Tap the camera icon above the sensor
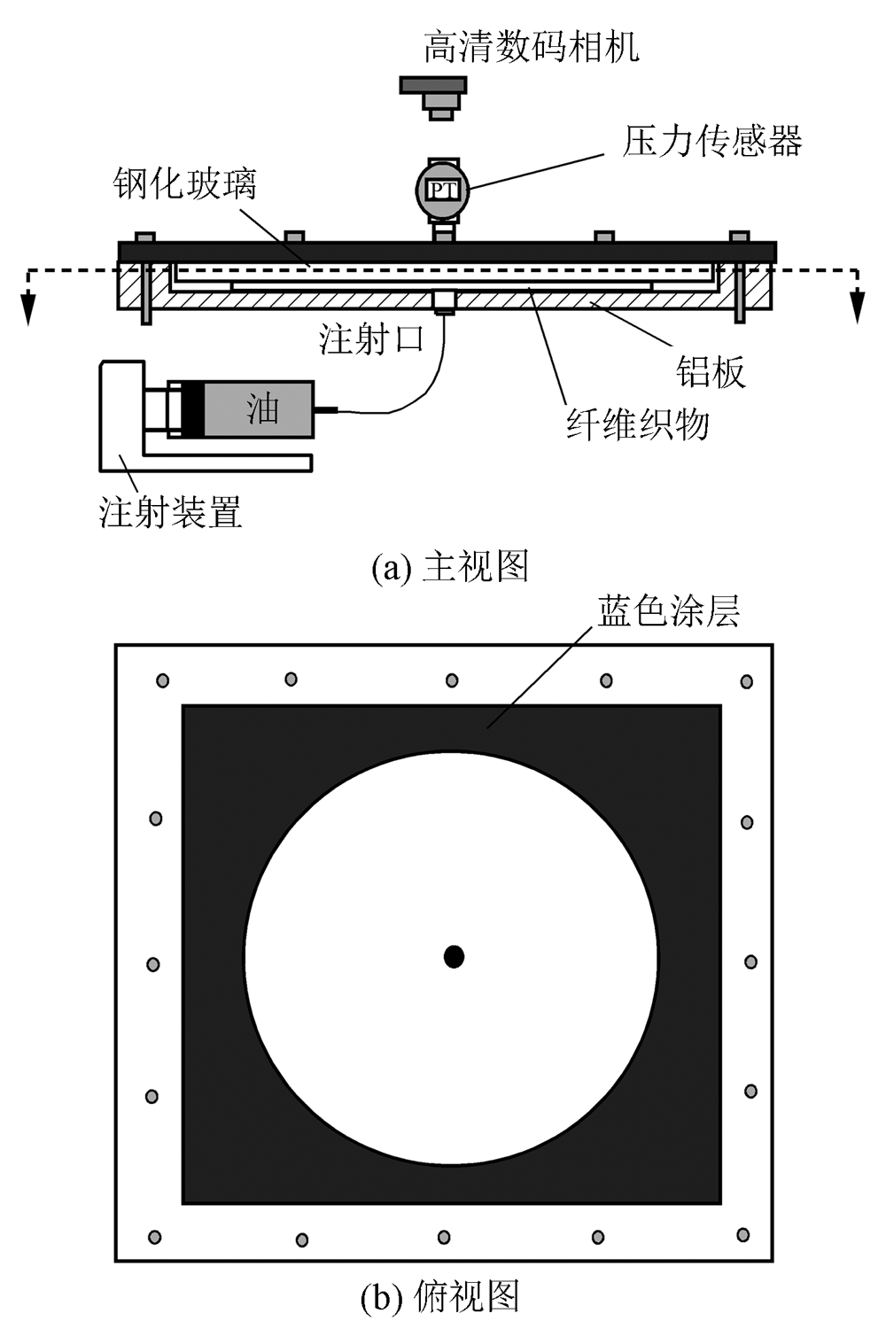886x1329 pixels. pos(433,96)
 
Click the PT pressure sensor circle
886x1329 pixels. pos(442,189)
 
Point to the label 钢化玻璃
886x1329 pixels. pos(185,184)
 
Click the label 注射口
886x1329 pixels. pos(371,339)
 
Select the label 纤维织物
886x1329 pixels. pos(638,424)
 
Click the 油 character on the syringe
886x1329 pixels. pos(263,408)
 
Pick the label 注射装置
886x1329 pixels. pos(171,512)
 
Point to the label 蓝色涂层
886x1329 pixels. pos(669,611)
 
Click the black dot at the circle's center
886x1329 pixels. pos(454,957)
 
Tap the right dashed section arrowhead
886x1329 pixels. pos(857,309)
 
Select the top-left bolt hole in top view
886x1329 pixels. pos(163,680)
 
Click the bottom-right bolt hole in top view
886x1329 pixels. pos(742,1234)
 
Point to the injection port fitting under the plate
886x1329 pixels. pos(442,303)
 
